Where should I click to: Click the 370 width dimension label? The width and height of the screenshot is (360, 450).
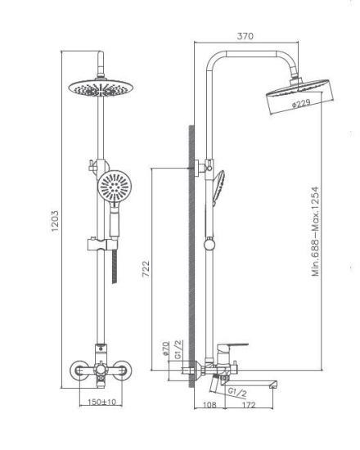(x=245, y=36)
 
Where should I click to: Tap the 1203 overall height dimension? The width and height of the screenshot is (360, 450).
(x=55, y=221)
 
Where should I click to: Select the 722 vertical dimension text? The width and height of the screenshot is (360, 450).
(x=146, y=268)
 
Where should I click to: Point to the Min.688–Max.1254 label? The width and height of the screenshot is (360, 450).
(x=316, y=232)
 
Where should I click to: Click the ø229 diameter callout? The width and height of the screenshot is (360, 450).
(x=301, y=104)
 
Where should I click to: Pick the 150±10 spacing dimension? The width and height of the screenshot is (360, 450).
(x=102, y=402)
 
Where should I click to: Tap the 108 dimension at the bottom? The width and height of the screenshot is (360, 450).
(x=209, y=405)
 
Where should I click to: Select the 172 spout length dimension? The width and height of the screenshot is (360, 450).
(x=249, y=405)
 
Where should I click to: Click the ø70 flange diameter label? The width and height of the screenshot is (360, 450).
(x=165, y=349)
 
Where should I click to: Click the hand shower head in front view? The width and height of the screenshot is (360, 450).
(x=115, y=186)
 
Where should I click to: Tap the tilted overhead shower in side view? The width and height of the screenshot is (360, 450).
(x=300, y=97)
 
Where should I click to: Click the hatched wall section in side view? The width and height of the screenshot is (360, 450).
(x=191, y=257)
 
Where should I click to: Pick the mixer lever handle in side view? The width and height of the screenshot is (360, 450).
(x=233, y=347)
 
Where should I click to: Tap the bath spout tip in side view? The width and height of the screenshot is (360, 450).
(x=273, y=385)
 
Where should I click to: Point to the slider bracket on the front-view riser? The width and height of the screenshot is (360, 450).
(x=102, y=244)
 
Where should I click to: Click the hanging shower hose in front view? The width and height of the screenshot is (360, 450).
(x=115, y=266)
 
